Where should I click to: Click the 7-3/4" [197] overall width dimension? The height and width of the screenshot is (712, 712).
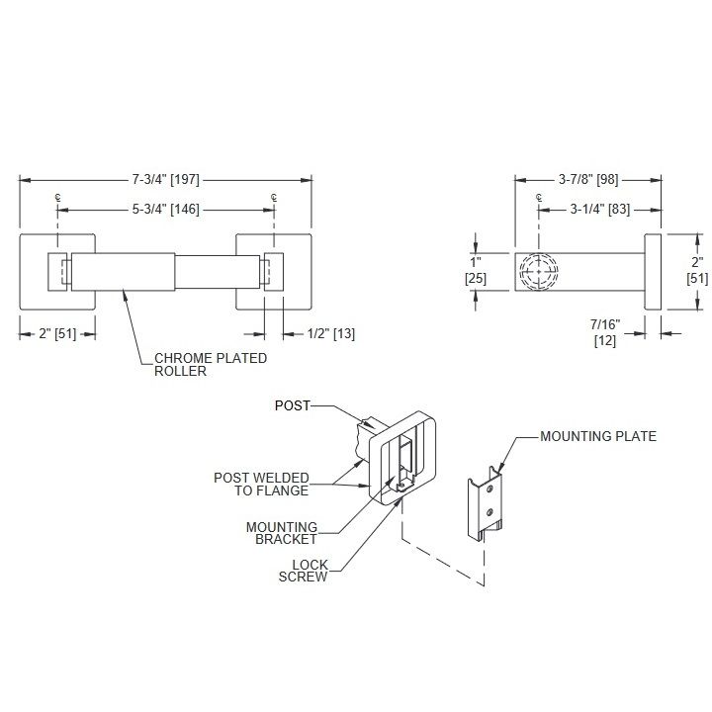point(166,179)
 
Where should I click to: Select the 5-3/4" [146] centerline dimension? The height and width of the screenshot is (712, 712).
point(166,210)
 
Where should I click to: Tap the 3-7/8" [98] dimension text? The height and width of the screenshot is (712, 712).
point(588,179)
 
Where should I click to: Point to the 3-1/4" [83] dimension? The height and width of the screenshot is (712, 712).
point(600,210)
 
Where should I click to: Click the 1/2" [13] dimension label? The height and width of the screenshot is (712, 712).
point(331,334)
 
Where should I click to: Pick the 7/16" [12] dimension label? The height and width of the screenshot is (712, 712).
point(605,333)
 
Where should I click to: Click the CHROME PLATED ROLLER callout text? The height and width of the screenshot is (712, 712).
point(211,365)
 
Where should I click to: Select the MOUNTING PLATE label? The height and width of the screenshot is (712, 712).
point(598,436)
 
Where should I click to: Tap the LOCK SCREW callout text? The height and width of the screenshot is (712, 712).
point(304,571)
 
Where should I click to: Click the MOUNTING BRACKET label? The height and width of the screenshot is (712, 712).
point(282,533)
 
